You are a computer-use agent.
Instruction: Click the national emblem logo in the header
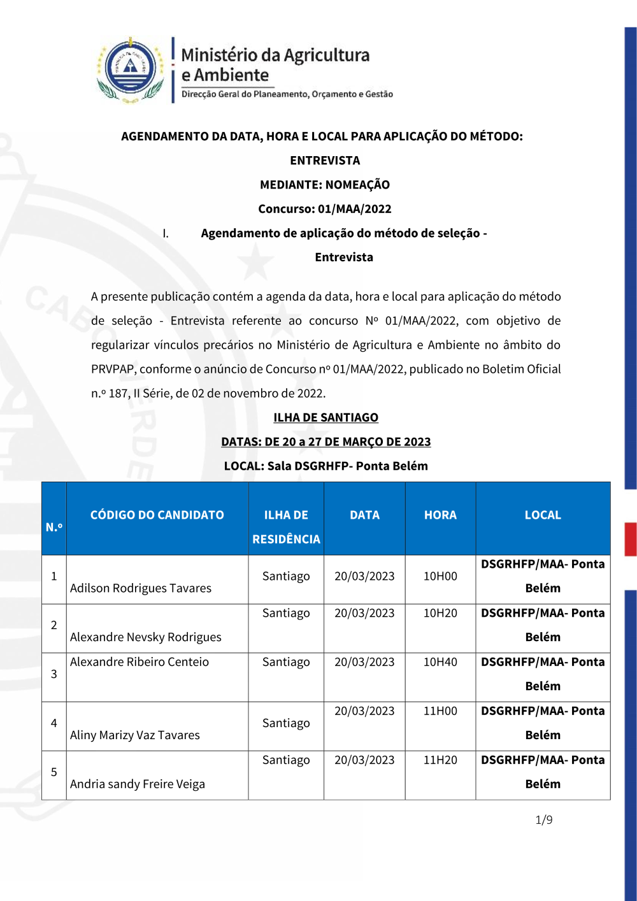click(131, 69)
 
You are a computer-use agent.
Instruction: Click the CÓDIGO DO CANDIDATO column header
click(157, 515)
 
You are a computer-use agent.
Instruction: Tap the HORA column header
click(440, 515)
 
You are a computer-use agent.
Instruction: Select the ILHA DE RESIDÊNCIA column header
click(286, 526)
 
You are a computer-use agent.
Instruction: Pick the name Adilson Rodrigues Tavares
click(141, 588)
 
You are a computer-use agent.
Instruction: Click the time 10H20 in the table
click(440, 613)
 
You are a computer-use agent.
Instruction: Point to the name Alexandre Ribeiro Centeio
click(140, 662)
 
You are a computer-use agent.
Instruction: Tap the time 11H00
click(440, 711)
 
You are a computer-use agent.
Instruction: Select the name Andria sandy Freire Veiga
click(138, 784)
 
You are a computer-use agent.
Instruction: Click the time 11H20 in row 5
click(440, 760)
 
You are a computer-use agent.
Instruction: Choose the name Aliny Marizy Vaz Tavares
click(135, 735)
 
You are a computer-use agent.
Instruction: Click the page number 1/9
click(544, 819)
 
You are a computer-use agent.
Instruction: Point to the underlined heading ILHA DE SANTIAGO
click(326, 417)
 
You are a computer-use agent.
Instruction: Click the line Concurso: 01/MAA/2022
click(325, 209)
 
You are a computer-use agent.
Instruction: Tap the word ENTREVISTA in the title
click(325, 161)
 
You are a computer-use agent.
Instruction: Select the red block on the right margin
click(630, 539)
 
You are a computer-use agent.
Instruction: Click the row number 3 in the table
click(54, 674)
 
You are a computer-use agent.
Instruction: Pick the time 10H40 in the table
click(440, 662)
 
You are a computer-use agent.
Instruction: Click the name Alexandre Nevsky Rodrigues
click(146, 637)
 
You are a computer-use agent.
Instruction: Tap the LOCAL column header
click(543, 515)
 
